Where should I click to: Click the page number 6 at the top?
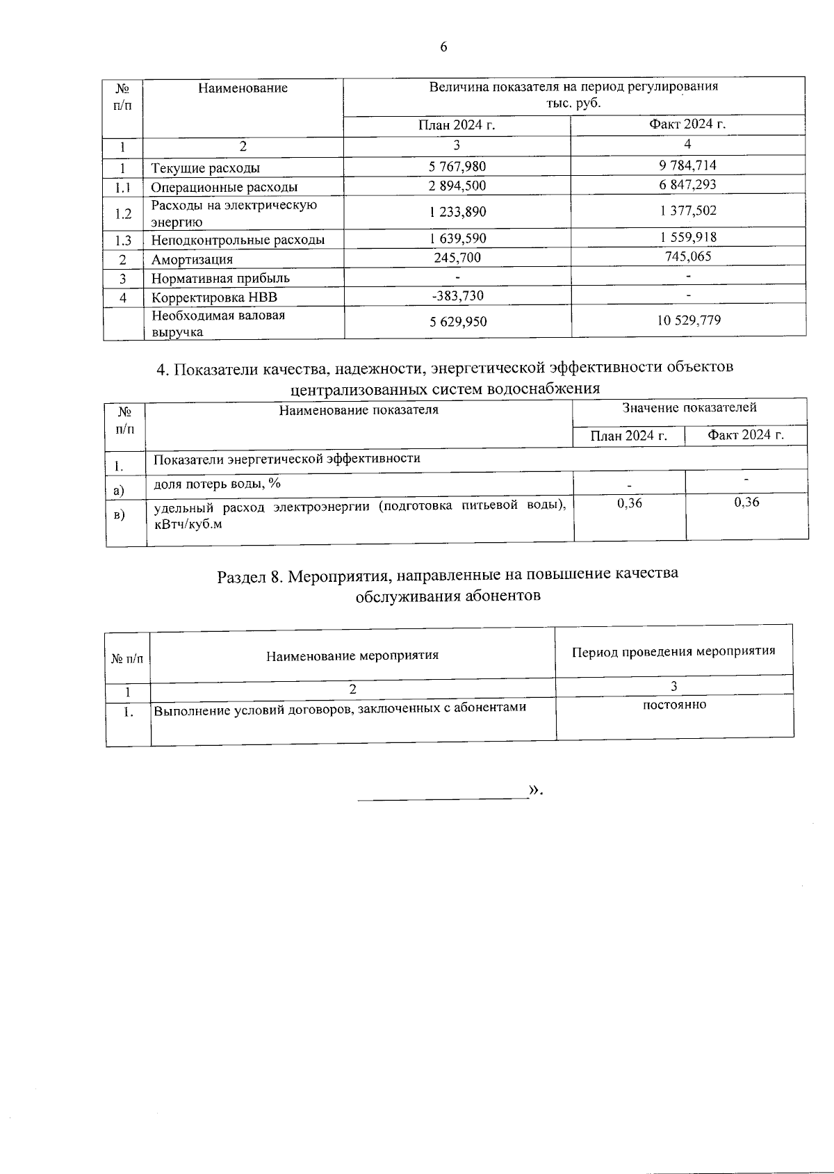pos(443,47)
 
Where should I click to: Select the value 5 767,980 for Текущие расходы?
pos(457,167)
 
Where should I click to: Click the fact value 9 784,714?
pos(687,165)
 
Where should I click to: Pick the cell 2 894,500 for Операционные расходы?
pos(457,186)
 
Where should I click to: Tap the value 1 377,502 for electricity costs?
pos(688,211)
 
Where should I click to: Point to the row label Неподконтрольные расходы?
pos(238,240)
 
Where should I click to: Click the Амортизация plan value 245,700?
pos(457,258)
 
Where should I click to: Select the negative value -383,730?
pos(457,295)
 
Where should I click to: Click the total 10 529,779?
pos(688,320)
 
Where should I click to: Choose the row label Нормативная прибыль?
pos(220,278)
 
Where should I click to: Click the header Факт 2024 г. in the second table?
pos(745,435)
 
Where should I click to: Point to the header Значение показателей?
pos(689,408)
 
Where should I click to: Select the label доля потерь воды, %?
pos(217,483)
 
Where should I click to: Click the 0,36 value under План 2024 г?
pos(630,503)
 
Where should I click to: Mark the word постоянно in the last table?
pos(674,704)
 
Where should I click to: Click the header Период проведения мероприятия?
pos(673,651)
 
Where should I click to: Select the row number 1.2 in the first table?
pos(123,213)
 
